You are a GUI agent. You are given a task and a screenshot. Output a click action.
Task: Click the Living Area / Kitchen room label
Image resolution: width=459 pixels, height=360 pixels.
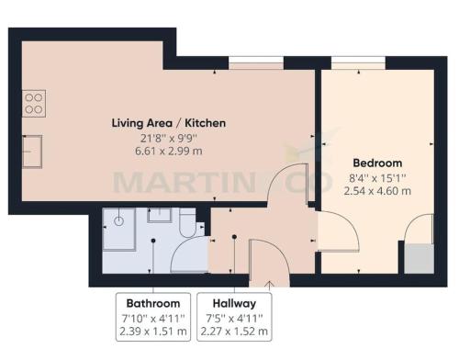169,123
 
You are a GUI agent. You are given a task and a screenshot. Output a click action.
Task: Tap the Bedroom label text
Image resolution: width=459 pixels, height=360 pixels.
377,163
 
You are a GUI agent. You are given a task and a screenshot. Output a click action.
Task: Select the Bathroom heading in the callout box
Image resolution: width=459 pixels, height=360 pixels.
153,303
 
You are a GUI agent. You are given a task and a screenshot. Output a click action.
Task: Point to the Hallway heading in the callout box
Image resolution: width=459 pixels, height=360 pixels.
234,303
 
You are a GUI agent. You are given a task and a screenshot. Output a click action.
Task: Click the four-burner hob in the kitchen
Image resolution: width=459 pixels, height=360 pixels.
34,104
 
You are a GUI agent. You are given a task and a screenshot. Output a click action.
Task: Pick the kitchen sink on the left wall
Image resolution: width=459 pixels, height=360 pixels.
32,152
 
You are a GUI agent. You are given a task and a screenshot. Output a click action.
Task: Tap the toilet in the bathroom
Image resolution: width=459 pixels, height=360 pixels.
187,223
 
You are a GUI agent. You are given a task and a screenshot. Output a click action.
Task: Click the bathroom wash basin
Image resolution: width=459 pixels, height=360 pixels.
160,215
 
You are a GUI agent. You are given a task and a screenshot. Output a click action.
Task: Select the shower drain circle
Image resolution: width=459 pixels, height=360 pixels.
118,220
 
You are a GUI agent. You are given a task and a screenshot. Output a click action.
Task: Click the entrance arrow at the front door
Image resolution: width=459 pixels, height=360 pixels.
269,285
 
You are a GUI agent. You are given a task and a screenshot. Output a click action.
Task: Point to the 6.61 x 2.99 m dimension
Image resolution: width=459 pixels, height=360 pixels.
169,152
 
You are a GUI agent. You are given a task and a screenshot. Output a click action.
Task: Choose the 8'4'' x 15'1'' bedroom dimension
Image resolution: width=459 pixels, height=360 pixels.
377,177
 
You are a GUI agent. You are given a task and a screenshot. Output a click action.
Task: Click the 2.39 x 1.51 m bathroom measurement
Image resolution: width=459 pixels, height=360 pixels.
153,332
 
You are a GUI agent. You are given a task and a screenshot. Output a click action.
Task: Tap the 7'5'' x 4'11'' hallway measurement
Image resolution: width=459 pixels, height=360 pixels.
234,319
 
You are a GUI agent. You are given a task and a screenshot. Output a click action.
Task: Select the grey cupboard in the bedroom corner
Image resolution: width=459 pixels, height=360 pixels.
419,259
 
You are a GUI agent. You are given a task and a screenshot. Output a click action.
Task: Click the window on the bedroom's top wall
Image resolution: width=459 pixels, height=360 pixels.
358,63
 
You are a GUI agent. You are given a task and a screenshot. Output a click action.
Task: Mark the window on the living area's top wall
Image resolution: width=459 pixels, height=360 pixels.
256,63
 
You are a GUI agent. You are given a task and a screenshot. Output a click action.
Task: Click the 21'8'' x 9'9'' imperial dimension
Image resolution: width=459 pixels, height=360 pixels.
169,139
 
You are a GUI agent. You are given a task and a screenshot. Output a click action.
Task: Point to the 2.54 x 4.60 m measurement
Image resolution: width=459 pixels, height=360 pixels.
377,191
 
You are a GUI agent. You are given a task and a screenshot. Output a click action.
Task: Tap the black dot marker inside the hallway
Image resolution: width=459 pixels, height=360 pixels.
234,237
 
